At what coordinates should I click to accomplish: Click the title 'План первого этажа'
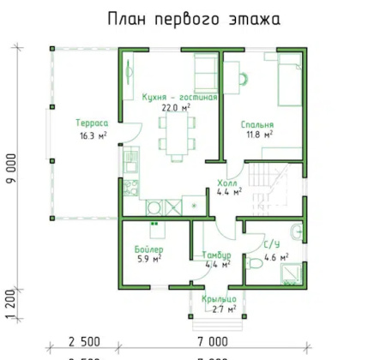pyautogui.click(x=193, y=18)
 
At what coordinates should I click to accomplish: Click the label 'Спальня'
pyautogui.click(x=256, y=123)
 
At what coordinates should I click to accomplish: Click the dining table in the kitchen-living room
pyautogui.click(x=175, y=134)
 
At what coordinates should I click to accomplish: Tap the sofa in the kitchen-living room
pyautogui.click(x=204, y=69)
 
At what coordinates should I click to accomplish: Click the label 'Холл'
pyautogui.click(x=227, y=183)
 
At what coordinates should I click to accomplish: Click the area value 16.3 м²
pyautogui.click(x=92, y=135)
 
